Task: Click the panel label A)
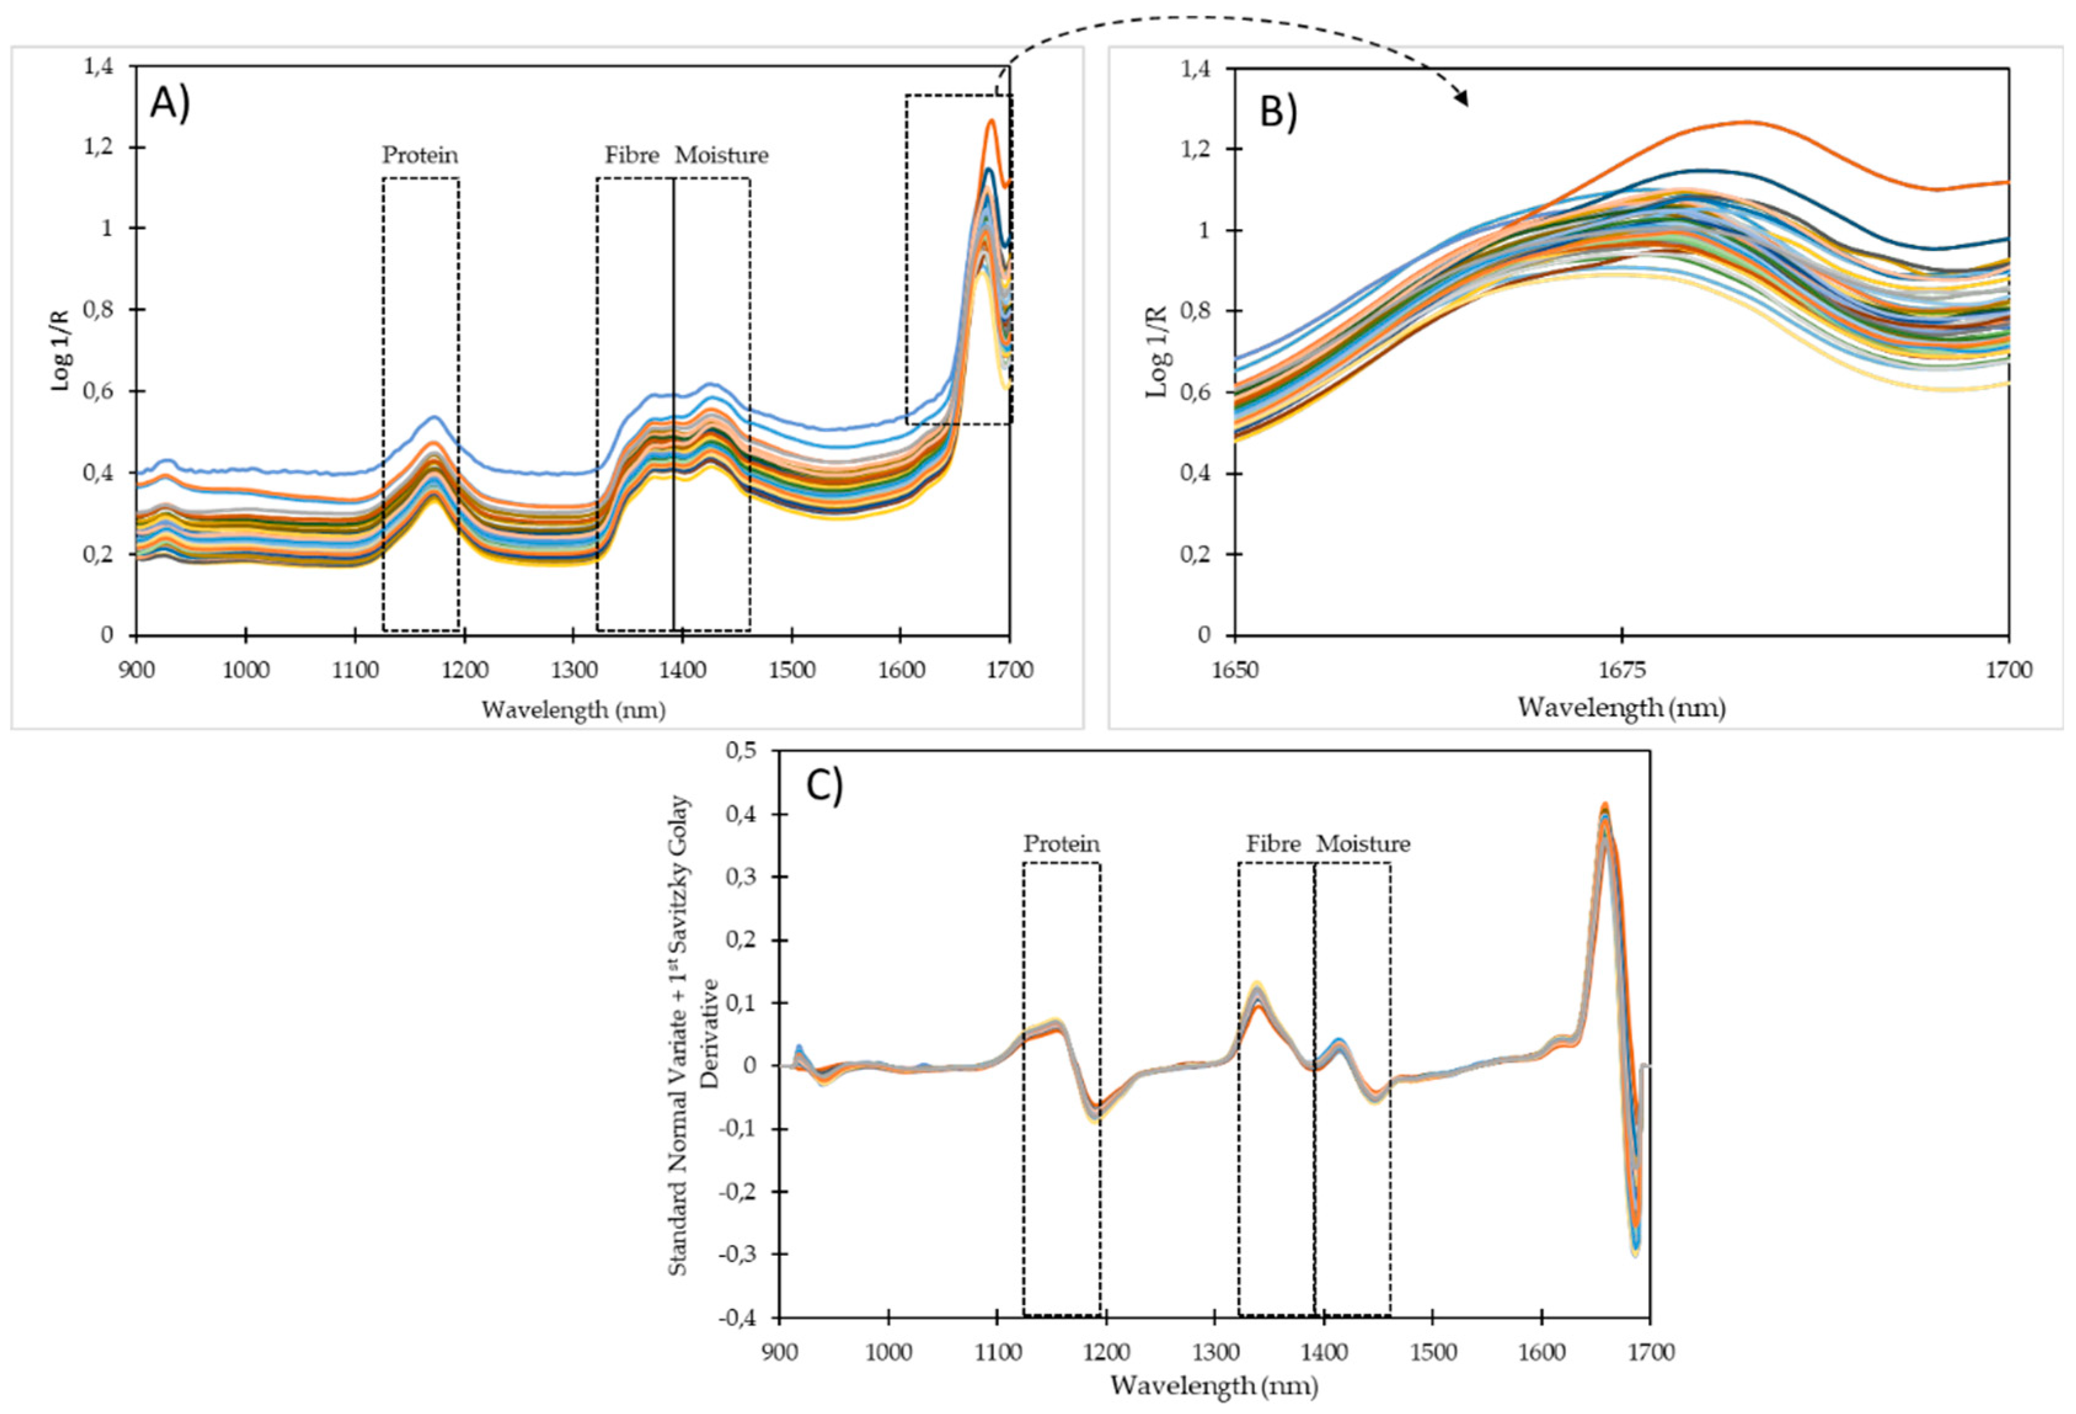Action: (170, 103)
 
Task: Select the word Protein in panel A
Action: (420, 156)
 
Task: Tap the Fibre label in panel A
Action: (632, 156)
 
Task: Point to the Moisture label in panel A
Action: (721, 156)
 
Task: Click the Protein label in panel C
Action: (1061, 844)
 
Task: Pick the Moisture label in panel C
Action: (1363, 844)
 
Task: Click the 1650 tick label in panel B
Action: (1235, 670)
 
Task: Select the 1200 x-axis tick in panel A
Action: (464, 670)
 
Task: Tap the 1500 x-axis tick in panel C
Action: (1432, 1352)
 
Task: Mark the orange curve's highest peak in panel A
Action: (991, 121)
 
